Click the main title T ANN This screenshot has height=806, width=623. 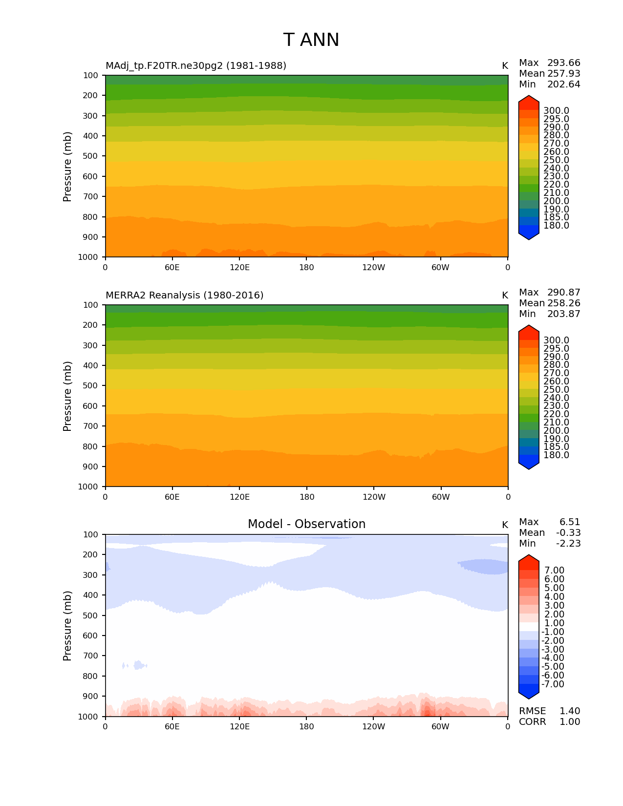[x=311, y=40]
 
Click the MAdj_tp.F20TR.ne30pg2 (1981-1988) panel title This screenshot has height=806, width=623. [x=196, y=65]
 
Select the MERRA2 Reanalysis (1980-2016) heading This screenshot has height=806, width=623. [x=184, y=295]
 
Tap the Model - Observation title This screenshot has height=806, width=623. [x=306, y=524]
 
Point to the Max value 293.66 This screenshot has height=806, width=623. [x=563, y=63]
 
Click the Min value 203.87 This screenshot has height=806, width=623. [x=563, y=314]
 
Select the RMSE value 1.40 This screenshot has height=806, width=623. [x=569, y=711]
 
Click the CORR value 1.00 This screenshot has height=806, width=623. [x=569, y=722]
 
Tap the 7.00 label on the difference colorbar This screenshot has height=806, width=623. [x=554, y=571]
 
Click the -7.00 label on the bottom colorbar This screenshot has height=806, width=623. [x=553, y=684]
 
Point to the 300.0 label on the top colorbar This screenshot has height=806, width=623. [x=556, y=111]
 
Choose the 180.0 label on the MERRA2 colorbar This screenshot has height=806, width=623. [x=556, y=455]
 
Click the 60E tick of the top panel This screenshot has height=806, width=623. [x=172, y=267]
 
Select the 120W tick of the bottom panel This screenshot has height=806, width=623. [x=373, y=726]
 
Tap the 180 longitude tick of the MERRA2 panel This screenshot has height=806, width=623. [x=306, y=497]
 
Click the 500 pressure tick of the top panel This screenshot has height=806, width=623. [x=91, y=156]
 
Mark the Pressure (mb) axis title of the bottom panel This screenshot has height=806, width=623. [x=67, y=625]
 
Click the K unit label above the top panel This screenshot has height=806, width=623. [x=505, y=65]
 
